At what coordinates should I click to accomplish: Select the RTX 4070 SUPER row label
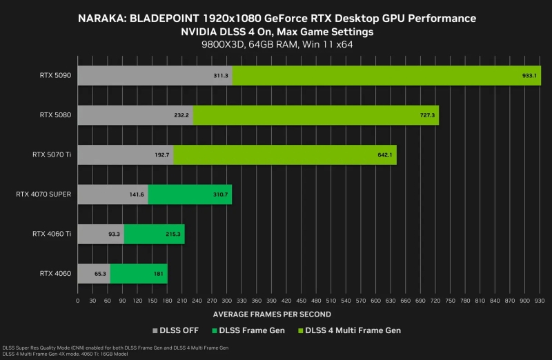tap(43, 194)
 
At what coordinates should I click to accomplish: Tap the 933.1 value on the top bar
tap(529, 75)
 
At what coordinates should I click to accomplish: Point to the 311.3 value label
tap(221, 75)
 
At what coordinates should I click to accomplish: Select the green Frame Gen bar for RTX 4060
tap(138, 274)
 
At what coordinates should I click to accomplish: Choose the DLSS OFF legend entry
tap(180, 330)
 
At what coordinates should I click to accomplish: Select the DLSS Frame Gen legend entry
tap(254, 330)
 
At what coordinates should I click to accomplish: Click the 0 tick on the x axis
tap(77, 301)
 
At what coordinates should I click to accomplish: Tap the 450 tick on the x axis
tap(301, 301)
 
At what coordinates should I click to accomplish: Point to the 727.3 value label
tap(427, 115)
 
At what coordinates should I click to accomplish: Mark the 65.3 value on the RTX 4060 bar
tap(100, 274)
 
